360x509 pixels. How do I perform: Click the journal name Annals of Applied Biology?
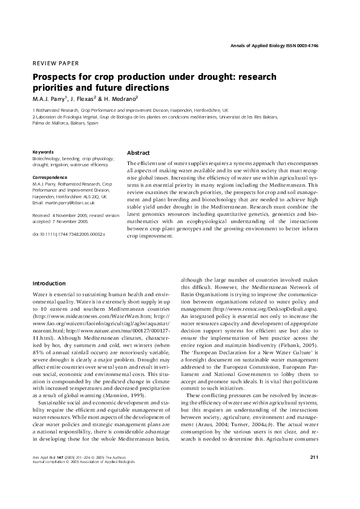(x=266, y=46)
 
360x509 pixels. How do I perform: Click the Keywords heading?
(x=43, y=152)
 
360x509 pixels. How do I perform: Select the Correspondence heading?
(x=50, y=177)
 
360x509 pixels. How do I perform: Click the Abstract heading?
(x=139, y=153)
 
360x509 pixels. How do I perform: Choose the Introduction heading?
(x=48, y=283)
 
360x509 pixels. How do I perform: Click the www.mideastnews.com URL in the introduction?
(x=79, y=316)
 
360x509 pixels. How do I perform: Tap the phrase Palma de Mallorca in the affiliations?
(x=51, y=123)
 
